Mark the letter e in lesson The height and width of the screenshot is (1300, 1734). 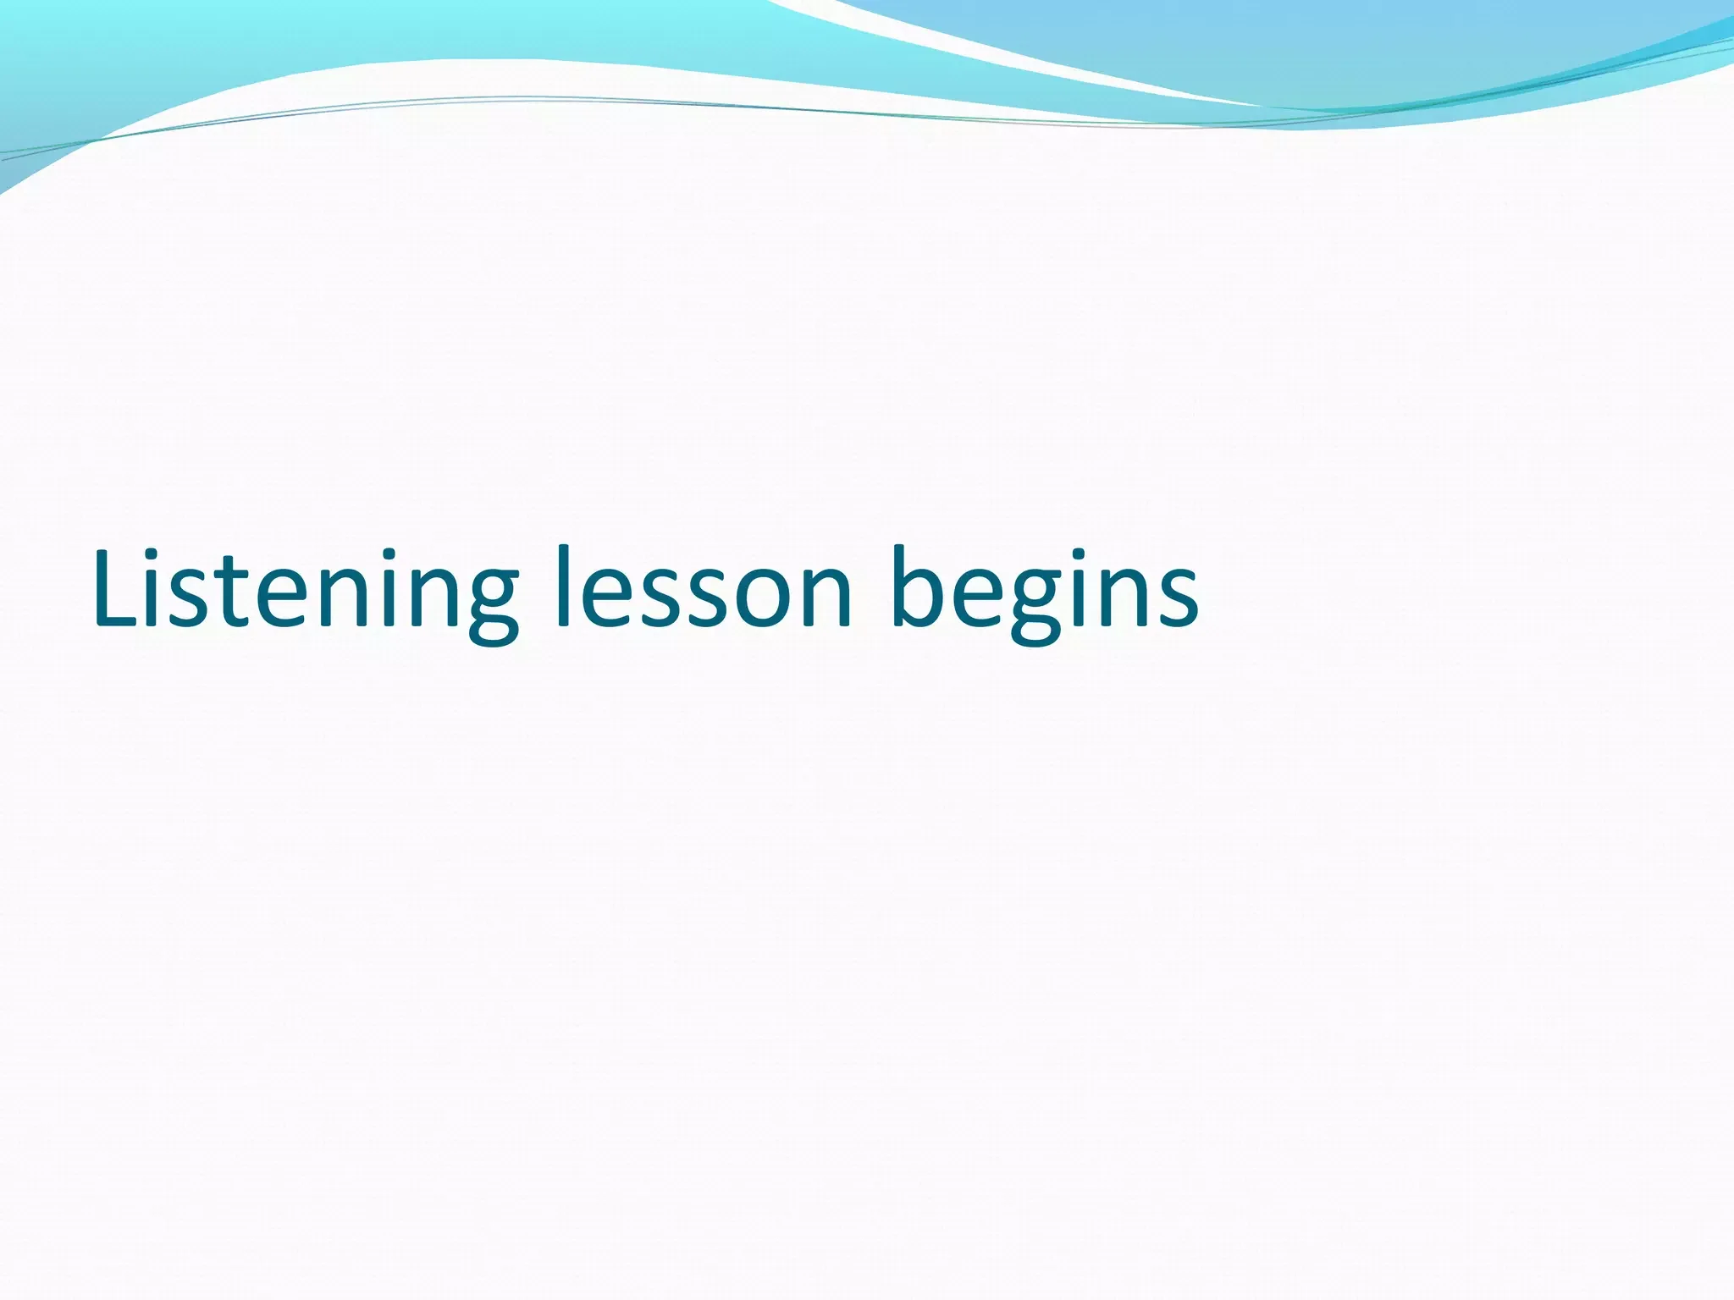coord(603,597)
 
